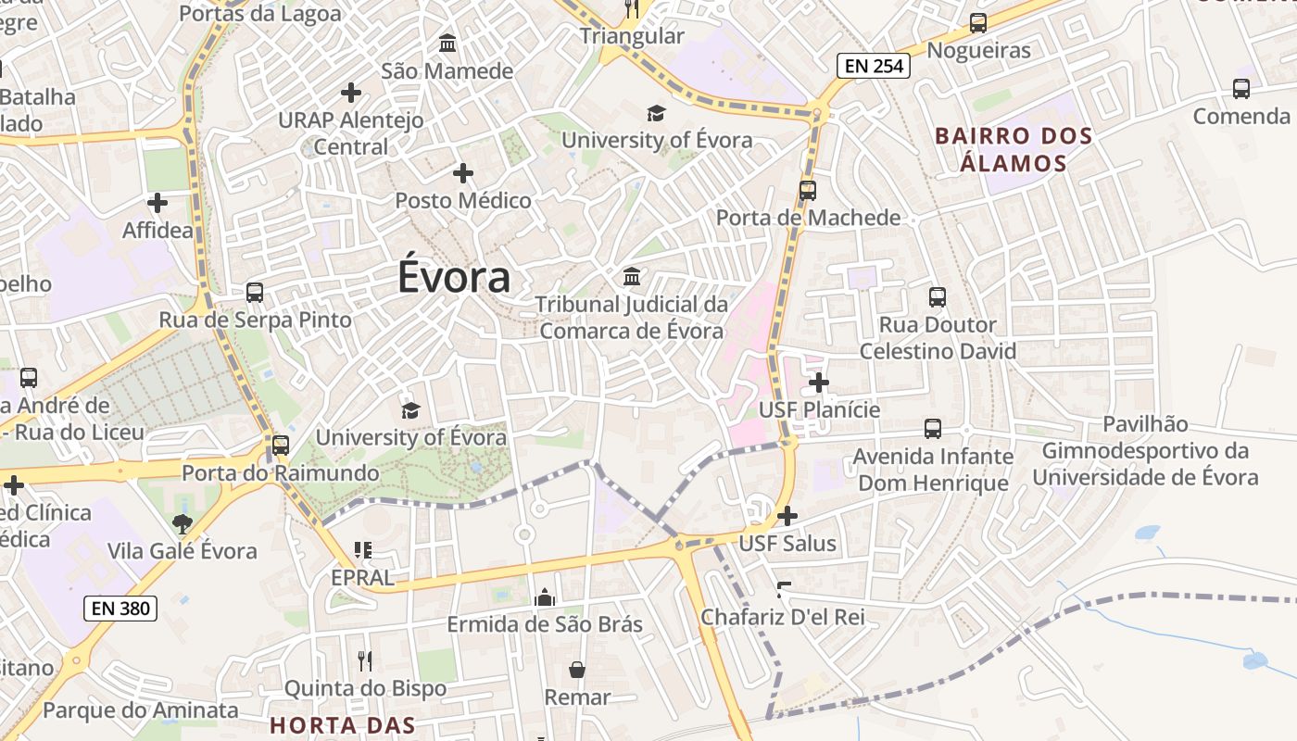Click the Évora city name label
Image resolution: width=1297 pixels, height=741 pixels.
[454, 277]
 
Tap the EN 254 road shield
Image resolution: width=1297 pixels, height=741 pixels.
[874, 66]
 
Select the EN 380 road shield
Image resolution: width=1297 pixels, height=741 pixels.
[120, 609]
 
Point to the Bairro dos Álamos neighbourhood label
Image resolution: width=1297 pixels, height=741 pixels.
[1014, 149]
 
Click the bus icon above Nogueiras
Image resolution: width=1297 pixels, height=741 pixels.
[978, 23]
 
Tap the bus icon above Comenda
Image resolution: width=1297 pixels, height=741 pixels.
[1241, 89]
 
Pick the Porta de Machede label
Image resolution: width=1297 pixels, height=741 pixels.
[808, 218]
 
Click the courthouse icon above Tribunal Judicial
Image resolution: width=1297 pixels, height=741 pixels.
[632, 276]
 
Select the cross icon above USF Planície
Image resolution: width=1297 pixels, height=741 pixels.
[819, 382]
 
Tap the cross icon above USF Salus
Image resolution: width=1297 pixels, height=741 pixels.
[787, 516]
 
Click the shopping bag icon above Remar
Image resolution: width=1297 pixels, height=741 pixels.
[577, 670]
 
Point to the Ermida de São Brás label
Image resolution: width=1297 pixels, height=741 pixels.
[545, 623]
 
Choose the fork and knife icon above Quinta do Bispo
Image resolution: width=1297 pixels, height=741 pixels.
[365, 660]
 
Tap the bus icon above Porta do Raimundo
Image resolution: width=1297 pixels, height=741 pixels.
[281, 446]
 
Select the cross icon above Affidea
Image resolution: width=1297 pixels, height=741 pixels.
[157, 202]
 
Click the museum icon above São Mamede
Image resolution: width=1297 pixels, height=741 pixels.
[447, 43]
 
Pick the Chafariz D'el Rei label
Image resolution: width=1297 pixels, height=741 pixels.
[783, 616]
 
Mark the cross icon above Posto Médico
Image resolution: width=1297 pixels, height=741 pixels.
[463, 172]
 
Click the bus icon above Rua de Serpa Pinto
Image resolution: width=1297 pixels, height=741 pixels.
[255, 293]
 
